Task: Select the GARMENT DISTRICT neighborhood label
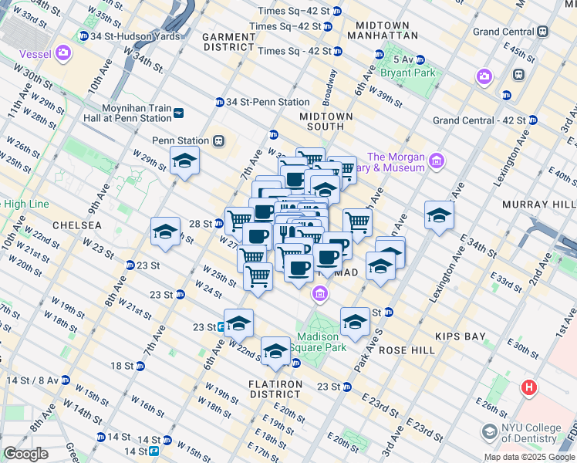click(x=228, y=42)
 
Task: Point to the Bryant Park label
click(x=407, y=73)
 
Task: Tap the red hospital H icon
click(x=529, y=387)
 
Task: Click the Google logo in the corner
click(x=25, y=454)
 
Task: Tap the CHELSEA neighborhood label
click(x=76, y=225)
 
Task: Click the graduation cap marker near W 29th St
click(x=185, y=161)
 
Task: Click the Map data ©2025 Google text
click(x=528, y=457)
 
